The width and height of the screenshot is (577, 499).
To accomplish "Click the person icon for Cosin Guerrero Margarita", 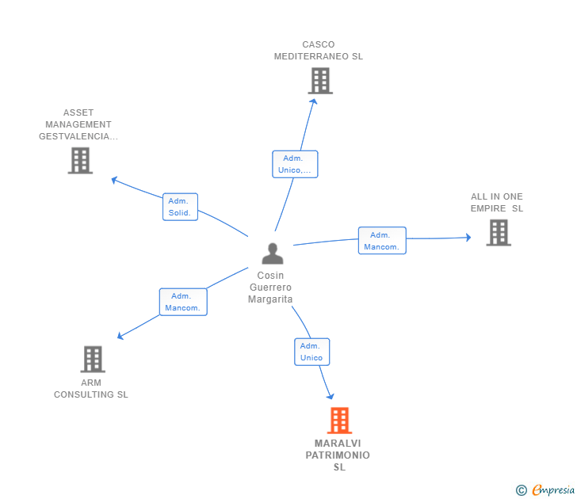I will (272, 253).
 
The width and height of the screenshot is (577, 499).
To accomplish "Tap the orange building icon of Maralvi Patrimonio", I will (339, 421).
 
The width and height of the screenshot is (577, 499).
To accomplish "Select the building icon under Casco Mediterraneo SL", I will (319, 80).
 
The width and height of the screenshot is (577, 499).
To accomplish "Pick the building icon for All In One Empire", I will (498, 232).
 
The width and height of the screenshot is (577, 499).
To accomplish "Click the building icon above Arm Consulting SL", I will (93, 359).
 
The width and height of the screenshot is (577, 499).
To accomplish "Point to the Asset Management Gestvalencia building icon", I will (80, 161).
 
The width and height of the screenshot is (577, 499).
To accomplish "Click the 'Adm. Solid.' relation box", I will (180, 207).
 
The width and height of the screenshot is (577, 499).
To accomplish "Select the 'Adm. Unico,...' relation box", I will (295, 164).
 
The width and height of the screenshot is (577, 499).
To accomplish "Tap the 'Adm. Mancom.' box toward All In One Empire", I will (381, 241).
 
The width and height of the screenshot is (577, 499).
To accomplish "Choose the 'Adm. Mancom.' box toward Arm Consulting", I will (183, 302).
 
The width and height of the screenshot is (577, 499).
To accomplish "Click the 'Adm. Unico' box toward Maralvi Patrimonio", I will (311, 352).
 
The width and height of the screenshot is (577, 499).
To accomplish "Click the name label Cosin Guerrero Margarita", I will (271, 288).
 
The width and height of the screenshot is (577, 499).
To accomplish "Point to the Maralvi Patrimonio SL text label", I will (338, 455).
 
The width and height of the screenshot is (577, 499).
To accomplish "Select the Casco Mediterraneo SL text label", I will (319, 51).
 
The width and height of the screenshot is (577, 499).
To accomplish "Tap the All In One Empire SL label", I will (497, 203).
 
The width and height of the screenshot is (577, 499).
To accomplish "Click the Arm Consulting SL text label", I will (91, 389).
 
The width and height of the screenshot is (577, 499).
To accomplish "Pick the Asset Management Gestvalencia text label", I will (78, 124).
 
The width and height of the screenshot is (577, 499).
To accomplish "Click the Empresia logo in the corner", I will (546, 490).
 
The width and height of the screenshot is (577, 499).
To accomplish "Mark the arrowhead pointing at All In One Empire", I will (468, 237).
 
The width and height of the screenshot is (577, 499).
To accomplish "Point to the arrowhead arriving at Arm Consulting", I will (120, 336).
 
